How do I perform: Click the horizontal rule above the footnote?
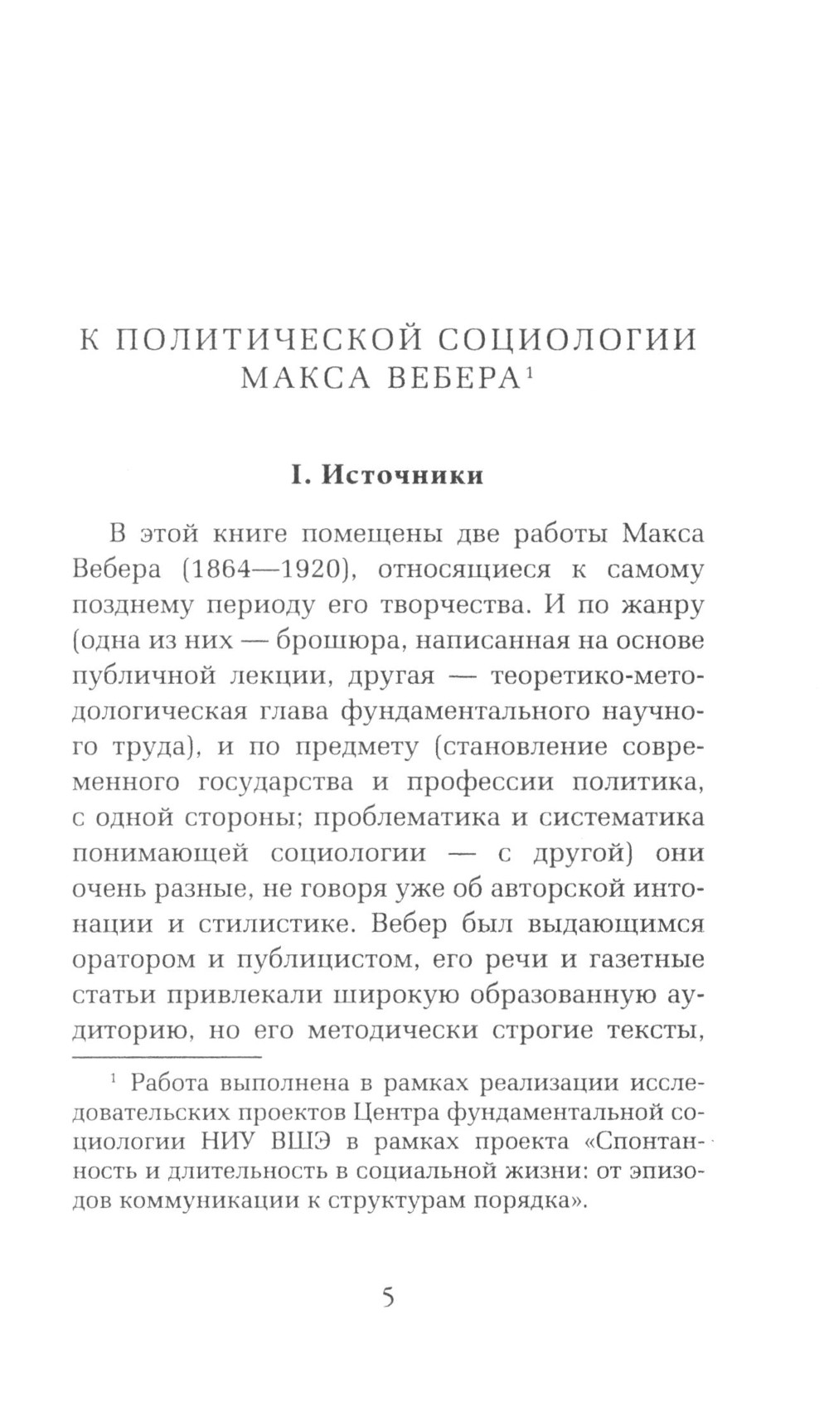point(167,1056)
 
